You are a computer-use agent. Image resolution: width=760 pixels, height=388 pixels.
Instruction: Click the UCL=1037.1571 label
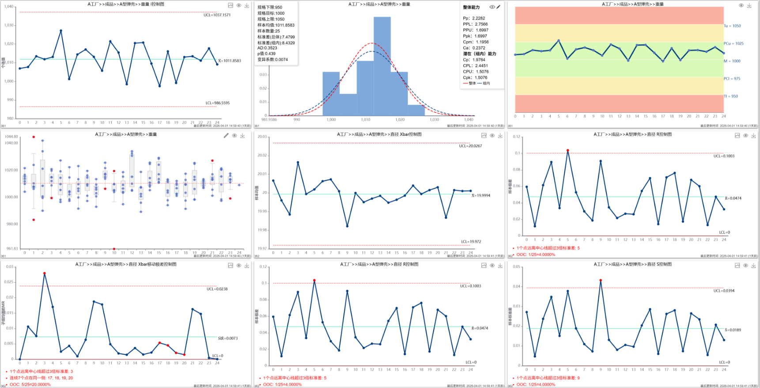click(217, 15)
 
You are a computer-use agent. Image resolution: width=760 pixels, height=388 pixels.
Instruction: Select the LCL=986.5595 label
click(217, 103)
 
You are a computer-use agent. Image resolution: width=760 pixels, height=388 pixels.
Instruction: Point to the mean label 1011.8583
click(230, 61)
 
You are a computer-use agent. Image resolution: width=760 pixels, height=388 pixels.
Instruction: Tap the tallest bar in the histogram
click(382, 66)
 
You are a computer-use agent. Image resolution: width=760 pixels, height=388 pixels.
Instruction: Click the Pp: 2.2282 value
click(474, 19)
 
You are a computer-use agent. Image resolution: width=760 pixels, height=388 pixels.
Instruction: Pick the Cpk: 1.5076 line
click(475, 78)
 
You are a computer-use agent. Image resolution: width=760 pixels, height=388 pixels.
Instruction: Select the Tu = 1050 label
click(732, 26)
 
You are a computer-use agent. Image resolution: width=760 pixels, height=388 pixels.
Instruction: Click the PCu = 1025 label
click(734, 44)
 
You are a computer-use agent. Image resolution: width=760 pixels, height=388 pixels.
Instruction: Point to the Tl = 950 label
click(731, 96)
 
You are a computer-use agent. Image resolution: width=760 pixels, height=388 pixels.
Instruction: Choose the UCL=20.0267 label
click(470, 146)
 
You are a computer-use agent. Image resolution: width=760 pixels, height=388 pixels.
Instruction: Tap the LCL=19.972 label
click(471, 242)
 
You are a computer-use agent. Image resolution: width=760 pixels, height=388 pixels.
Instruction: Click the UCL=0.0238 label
click(217, 289)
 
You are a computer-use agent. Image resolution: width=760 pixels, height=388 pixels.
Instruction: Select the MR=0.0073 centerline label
click(228, 339)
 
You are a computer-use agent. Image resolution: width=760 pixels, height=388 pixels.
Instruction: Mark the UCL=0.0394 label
click(724, 291)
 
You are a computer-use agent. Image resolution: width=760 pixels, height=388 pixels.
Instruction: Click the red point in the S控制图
click(601, 280)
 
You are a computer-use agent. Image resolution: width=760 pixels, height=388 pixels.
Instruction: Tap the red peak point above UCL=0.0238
click(45, 274)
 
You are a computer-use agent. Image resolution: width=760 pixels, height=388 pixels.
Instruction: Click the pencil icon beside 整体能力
click(499, 7)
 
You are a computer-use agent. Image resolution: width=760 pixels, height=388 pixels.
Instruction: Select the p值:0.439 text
click(266, 54)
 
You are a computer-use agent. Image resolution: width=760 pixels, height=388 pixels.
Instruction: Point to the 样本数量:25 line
click(268, 31)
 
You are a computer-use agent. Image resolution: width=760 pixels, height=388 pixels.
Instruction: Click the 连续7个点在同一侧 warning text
click(42, 378)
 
